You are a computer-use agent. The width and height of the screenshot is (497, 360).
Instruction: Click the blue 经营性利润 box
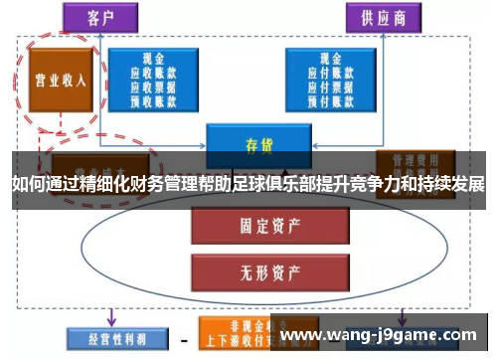point(110,336)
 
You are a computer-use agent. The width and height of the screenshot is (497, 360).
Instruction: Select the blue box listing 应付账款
point(331,78)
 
